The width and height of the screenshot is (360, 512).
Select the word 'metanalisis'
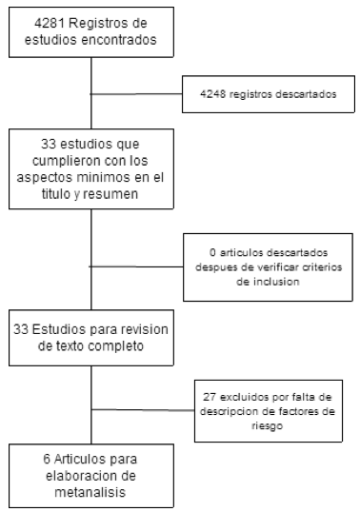pos(90,492)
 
